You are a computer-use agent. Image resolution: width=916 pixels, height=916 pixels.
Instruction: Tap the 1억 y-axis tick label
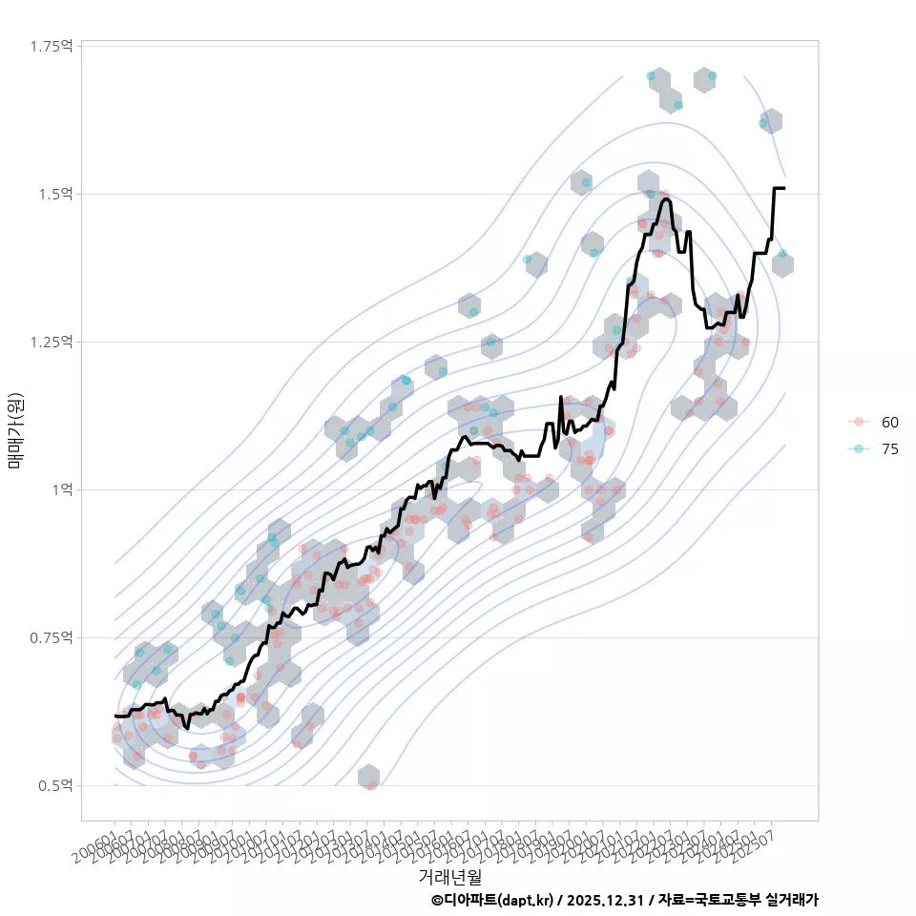[x=63, y=489]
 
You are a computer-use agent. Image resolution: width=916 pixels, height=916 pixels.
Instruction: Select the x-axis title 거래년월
[x=449, y=876]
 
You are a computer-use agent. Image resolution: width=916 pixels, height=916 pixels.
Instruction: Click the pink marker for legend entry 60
[x=859, y=422]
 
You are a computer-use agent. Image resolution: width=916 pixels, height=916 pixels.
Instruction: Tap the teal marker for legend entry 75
[x=859, y=449]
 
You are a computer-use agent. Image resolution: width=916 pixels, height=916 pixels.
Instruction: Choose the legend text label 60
[x=889, y=422]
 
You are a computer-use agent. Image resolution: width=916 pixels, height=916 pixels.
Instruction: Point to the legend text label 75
[x=889, y=449]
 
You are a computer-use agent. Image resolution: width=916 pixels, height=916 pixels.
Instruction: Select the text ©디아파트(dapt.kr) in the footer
[x=491, y=900]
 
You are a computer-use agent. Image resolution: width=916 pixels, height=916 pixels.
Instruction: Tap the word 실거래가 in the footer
[x=791, y=900]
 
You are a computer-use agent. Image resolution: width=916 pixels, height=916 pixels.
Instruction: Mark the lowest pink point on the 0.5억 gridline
[x=372, y=785]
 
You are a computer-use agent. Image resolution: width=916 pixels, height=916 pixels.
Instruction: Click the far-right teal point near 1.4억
[x=782, y=254]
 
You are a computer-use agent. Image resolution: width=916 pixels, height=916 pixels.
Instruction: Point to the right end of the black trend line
[x=783, y=189]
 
